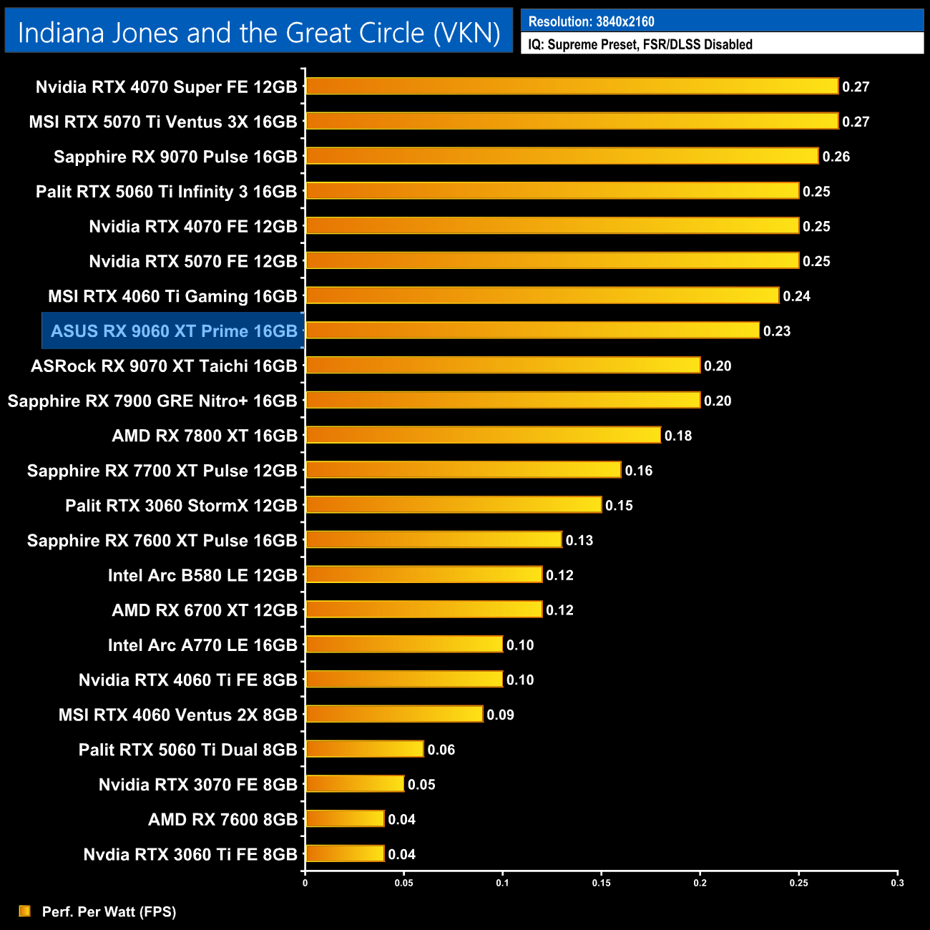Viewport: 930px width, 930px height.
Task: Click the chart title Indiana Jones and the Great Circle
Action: coord(258,33)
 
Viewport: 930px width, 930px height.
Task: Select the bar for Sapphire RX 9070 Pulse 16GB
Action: coord(562,156)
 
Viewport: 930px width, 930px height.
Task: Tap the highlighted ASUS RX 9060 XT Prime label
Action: coord(174,331)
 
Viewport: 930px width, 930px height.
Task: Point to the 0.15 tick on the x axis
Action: coord(601,883)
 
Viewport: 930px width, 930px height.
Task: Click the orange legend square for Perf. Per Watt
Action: coord(25,911)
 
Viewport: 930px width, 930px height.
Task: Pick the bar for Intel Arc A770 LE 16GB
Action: coord(404,645)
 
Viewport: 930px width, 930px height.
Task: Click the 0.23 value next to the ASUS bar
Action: coord(777,331)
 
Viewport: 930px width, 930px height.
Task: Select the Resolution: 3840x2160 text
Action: coord(591,21)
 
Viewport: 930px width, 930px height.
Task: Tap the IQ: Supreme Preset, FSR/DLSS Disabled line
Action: coord(640,44)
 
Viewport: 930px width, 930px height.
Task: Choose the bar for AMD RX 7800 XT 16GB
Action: coord(483,435)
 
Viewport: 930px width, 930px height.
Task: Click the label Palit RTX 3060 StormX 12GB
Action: coord(181,506)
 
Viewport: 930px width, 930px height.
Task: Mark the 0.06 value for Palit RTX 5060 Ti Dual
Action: coord(441,750)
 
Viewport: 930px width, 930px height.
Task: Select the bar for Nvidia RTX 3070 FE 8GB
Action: coord(355,784)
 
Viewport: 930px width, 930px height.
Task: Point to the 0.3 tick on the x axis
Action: coord(897,883)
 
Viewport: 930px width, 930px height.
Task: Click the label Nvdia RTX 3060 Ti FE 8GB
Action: coord(190,855)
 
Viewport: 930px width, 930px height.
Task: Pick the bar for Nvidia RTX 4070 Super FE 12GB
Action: coord(572,87)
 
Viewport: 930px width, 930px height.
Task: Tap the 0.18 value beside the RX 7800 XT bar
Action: coord(678,436)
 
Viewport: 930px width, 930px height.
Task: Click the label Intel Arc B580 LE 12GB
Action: coord(202,575)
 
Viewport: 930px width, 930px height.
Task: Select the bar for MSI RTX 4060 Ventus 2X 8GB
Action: coord(394,714)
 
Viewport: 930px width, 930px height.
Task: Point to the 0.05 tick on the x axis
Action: coord(403,883)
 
